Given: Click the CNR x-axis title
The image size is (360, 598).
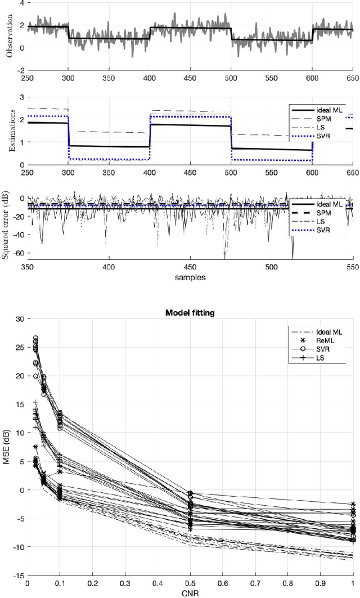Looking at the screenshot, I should (x=190, y=593).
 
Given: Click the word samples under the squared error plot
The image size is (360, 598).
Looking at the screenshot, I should (x=190, y=277).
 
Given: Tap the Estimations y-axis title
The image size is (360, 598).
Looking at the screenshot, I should (x=8, y=131).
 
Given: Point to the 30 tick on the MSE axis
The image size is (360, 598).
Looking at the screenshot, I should (x=20, y=319).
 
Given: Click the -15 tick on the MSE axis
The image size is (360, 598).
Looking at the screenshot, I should (x=18, y=575).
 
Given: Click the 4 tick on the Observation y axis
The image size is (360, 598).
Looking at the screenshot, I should (x=21, y=3).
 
